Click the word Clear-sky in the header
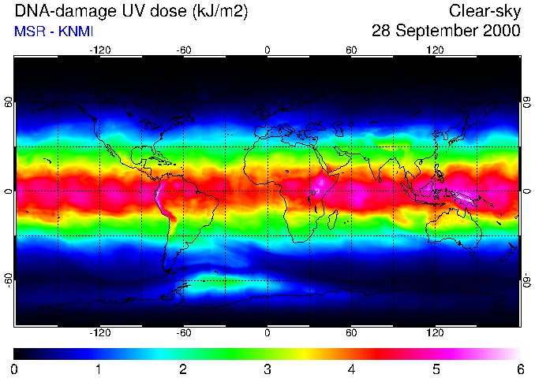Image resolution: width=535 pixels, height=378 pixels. coord(484,11)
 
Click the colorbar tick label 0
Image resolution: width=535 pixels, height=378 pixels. coord(15,369)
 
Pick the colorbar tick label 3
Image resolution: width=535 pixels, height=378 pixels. coord(267,369)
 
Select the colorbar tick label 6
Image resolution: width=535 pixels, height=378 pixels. coord(519,369)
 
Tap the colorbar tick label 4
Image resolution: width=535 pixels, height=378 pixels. coord(351,369)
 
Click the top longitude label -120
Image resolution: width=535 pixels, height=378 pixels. coord(99,50)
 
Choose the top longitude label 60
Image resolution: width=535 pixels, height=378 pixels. coord(351,50)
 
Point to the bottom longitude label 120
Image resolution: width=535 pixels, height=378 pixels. coord(435,333)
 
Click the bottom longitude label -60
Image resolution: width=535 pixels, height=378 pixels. coord(183,333)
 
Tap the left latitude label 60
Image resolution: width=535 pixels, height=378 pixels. coord(9,102)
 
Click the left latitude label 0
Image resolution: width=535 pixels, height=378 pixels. coord(9,191)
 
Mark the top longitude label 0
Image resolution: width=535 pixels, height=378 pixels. coord(267,50)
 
